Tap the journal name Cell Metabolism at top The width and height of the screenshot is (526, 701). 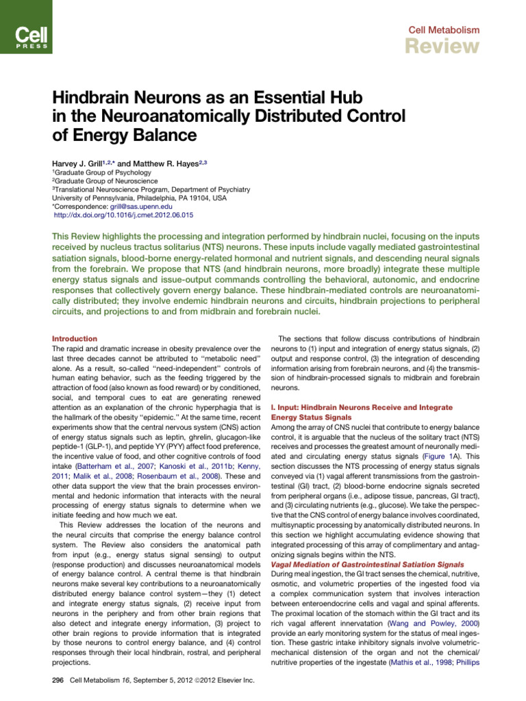coord(444,29)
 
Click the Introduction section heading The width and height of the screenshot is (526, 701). coord(75,339)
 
